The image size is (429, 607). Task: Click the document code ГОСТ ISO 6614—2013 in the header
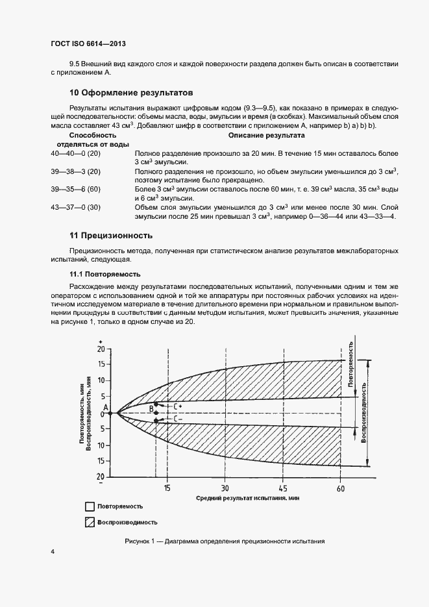[88, 43]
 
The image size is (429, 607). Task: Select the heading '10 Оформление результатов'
[131, 93]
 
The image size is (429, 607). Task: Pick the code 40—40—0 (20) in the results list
[75, 153]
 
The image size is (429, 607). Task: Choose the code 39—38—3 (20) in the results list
[75, 171]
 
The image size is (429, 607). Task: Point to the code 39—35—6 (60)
[75, 189]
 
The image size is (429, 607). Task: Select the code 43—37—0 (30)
[75, 207]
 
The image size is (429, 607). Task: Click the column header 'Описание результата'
[266, 136]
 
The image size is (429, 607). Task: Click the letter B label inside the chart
[151, 408]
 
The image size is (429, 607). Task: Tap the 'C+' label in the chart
[177, 406]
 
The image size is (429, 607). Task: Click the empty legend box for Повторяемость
[90, 506]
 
